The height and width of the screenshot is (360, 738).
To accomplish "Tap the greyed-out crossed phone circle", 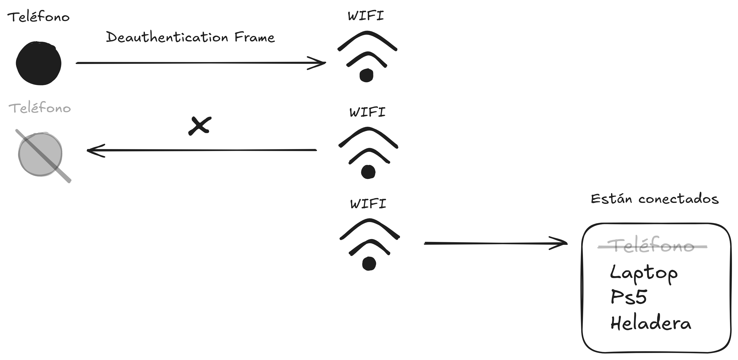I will tap(40, 154).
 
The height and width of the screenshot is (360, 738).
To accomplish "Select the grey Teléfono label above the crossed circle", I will tap(40, 108).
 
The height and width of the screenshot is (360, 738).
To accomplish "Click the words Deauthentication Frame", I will tap(190, 38).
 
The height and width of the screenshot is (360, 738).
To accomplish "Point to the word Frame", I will tap(254, 38).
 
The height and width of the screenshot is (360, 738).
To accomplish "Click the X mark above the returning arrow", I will tap(200, 126).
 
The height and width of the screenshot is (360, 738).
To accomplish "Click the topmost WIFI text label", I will tap(366, 16).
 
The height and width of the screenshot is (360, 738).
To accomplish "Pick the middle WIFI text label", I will tap(368, 112).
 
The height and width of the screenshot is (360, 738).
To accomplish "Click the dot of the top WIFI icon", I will tap(366, 75).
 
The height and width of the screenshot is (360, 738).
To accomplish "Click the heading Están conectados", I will tap(655, 199).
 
